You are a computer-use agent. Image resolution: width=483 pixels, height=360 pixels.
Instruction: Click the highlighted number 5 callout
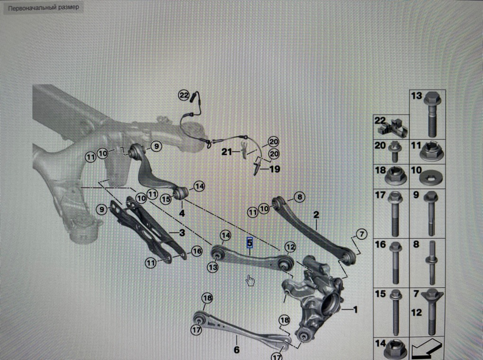249,243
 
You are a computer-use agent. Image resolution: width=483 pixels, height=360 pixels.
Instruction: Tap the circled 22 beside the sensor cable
184,96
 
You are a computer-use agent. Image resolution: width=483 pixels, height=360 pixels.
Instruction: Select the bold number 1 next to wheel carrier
355,309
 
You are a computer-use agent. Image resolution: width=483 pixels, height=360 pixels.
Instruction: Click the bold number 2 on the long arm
316,215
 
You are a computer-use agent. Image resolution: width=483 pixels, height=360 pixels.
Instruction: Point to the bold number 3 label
182,233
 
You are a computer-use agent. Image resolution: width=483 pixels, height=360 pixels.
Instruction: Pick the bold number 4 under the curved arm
182,213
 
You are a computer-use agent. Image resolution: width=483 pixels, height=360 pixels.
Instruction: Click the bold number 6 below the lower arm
237,350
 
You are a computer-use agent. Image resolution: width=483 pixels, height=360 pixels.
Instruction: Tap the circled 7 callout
362,234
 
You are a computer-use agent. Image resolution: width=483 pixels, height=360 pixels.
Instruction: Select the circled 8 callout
299,197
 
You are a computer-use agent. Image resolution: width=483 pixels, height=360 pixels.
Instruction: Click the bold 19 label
275,169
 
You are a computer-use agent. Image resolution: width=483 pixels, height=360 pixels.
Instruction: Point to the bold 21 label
227,152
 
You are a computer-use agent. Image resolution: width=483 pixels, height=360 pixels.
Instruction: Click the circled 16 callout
197,251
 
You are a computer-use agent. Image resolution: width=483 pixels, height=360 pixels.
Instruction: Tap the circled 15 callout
166,199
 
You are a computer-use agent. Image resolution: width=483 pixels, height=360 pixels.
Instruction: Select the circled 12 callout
290,247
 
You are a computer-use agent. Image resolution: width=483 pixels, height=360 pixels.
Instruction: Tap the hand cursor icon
250,280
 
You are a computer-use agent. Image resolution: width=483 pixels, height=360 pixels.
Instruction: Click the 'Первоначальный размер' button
44,8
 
